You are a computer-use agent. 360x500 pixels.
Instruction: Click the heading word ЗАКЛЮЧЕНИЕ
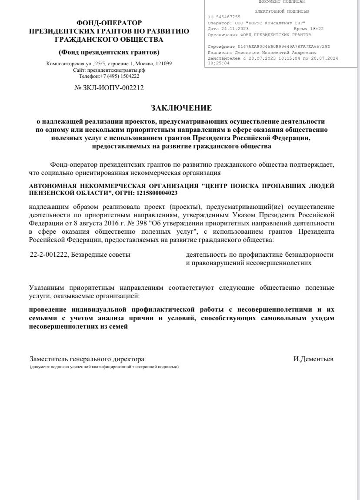coord(181,107)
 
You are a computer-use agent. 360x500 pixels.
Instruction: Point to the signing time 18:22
coord(317,29)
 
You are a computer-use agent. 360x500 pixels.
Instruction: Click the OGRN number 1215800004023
coord(157,192)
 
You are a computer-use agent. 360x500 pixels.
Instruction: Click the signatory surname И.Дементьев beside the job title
coord(313,359)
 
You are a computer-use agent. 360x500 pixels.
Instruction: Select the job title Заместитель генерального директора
coord(87,359)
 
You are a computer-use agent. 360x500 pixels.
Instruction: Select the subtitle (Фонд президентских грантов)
coord(109,52)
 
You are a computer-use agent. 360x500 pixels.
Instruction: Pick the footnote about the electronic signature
coord(104,367)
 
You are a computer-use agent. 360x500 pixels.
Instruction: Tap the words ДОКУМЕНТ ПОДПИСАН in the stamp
coord(282,2)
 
